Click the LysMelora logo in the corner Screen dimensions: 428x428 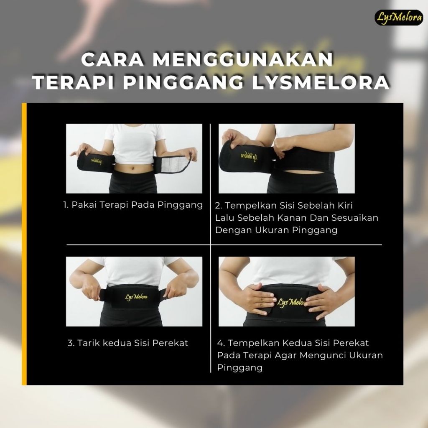[398, 18]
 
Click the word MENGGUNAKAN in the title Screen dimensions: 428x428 [243, 59]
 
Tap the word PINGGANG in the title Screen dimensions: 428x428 [183, 82]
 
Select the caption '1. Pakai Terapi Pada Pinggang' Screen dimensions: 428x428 [133, 205]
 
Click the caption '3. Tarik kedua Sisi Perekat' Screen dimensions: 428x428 [128, 343]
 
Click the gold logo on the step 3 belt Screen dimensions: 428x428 [136, 297]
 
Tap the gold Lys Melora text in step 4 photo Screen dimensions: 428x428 [291, 302]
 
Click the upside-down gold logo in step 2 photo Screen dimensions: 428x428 [249, 157]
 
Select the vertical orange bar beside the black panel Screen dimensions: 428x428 [24, 244]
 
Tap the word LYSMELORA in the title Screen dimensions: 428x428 [321, 82]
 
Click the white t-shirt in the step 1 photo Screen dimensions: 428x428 [135, 143]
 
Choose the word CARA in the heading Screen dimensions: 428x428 [112, 59]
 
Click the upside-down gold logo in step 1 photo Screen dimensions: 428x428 [97, 161]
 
